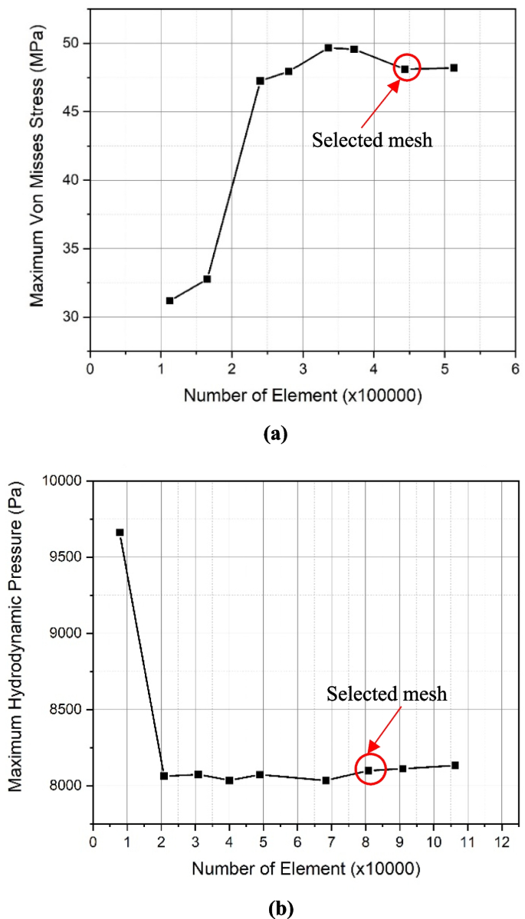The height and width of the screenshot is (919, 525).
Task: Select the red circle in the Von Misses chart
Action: (x=405, y=69)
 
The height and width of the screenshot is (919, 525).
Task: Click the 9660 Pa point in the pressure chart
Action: (x=120, y=532)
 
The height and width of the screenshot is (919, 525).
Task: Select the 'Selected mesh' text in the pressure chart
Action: (x=387, y=694)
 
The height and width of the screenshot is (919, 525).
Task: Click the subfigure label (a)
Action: (x=275, y=435)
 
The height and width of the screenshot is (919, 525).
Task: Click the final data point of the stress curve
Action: (x=454, y=67)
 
